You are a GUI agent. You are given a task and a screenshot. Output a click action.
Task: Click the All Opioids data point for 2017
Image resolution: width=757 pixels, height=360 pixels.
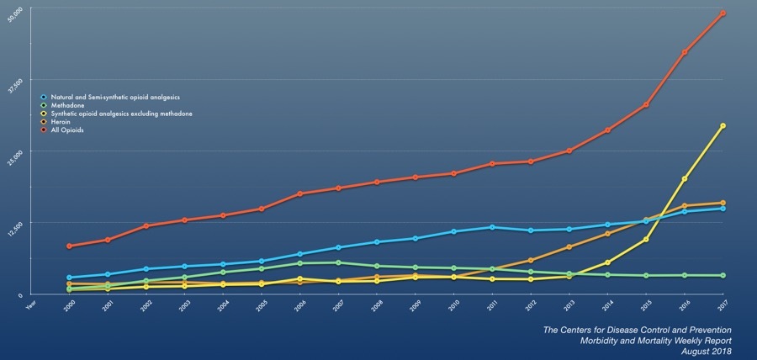click(723, 13)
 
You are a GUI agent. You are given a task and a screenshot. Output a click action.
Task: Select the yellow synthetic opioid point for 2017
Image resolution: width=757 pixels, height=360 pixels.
click(723, 126)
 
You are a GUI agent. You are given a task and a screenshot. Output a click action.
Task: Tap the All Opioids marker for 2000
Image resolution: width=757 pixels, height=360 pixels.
click(69, 246)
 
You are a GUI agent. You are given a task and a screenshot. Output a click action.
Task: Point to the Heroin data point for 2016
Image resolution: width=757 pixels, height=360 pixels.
click(685, 205)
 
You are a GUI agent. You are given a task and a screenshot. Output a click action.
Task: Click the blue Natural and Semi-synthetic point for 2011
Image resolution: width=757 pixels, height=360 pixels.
click(492, 227)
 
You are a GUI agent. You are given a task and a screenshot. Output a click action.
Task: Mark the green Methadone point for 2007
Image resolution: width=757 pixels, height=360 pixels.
click(338, 262)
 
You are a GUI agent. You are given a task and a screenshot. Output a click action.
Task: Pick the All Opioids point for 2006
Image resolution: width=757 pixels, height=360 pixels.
click(299, 193)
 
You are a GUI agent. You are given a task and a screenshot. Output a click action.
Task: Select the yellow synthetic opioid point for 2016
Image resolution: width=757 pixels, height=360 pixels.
click(685, 179)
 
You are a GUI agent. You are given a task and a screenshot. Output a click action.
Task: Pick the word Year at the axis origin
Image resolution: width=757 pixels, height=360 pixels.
click(31, 304)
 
